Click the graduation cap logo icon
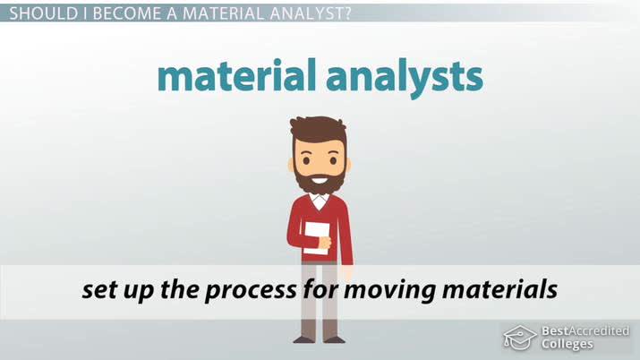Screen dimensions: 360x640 [519, 338]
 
